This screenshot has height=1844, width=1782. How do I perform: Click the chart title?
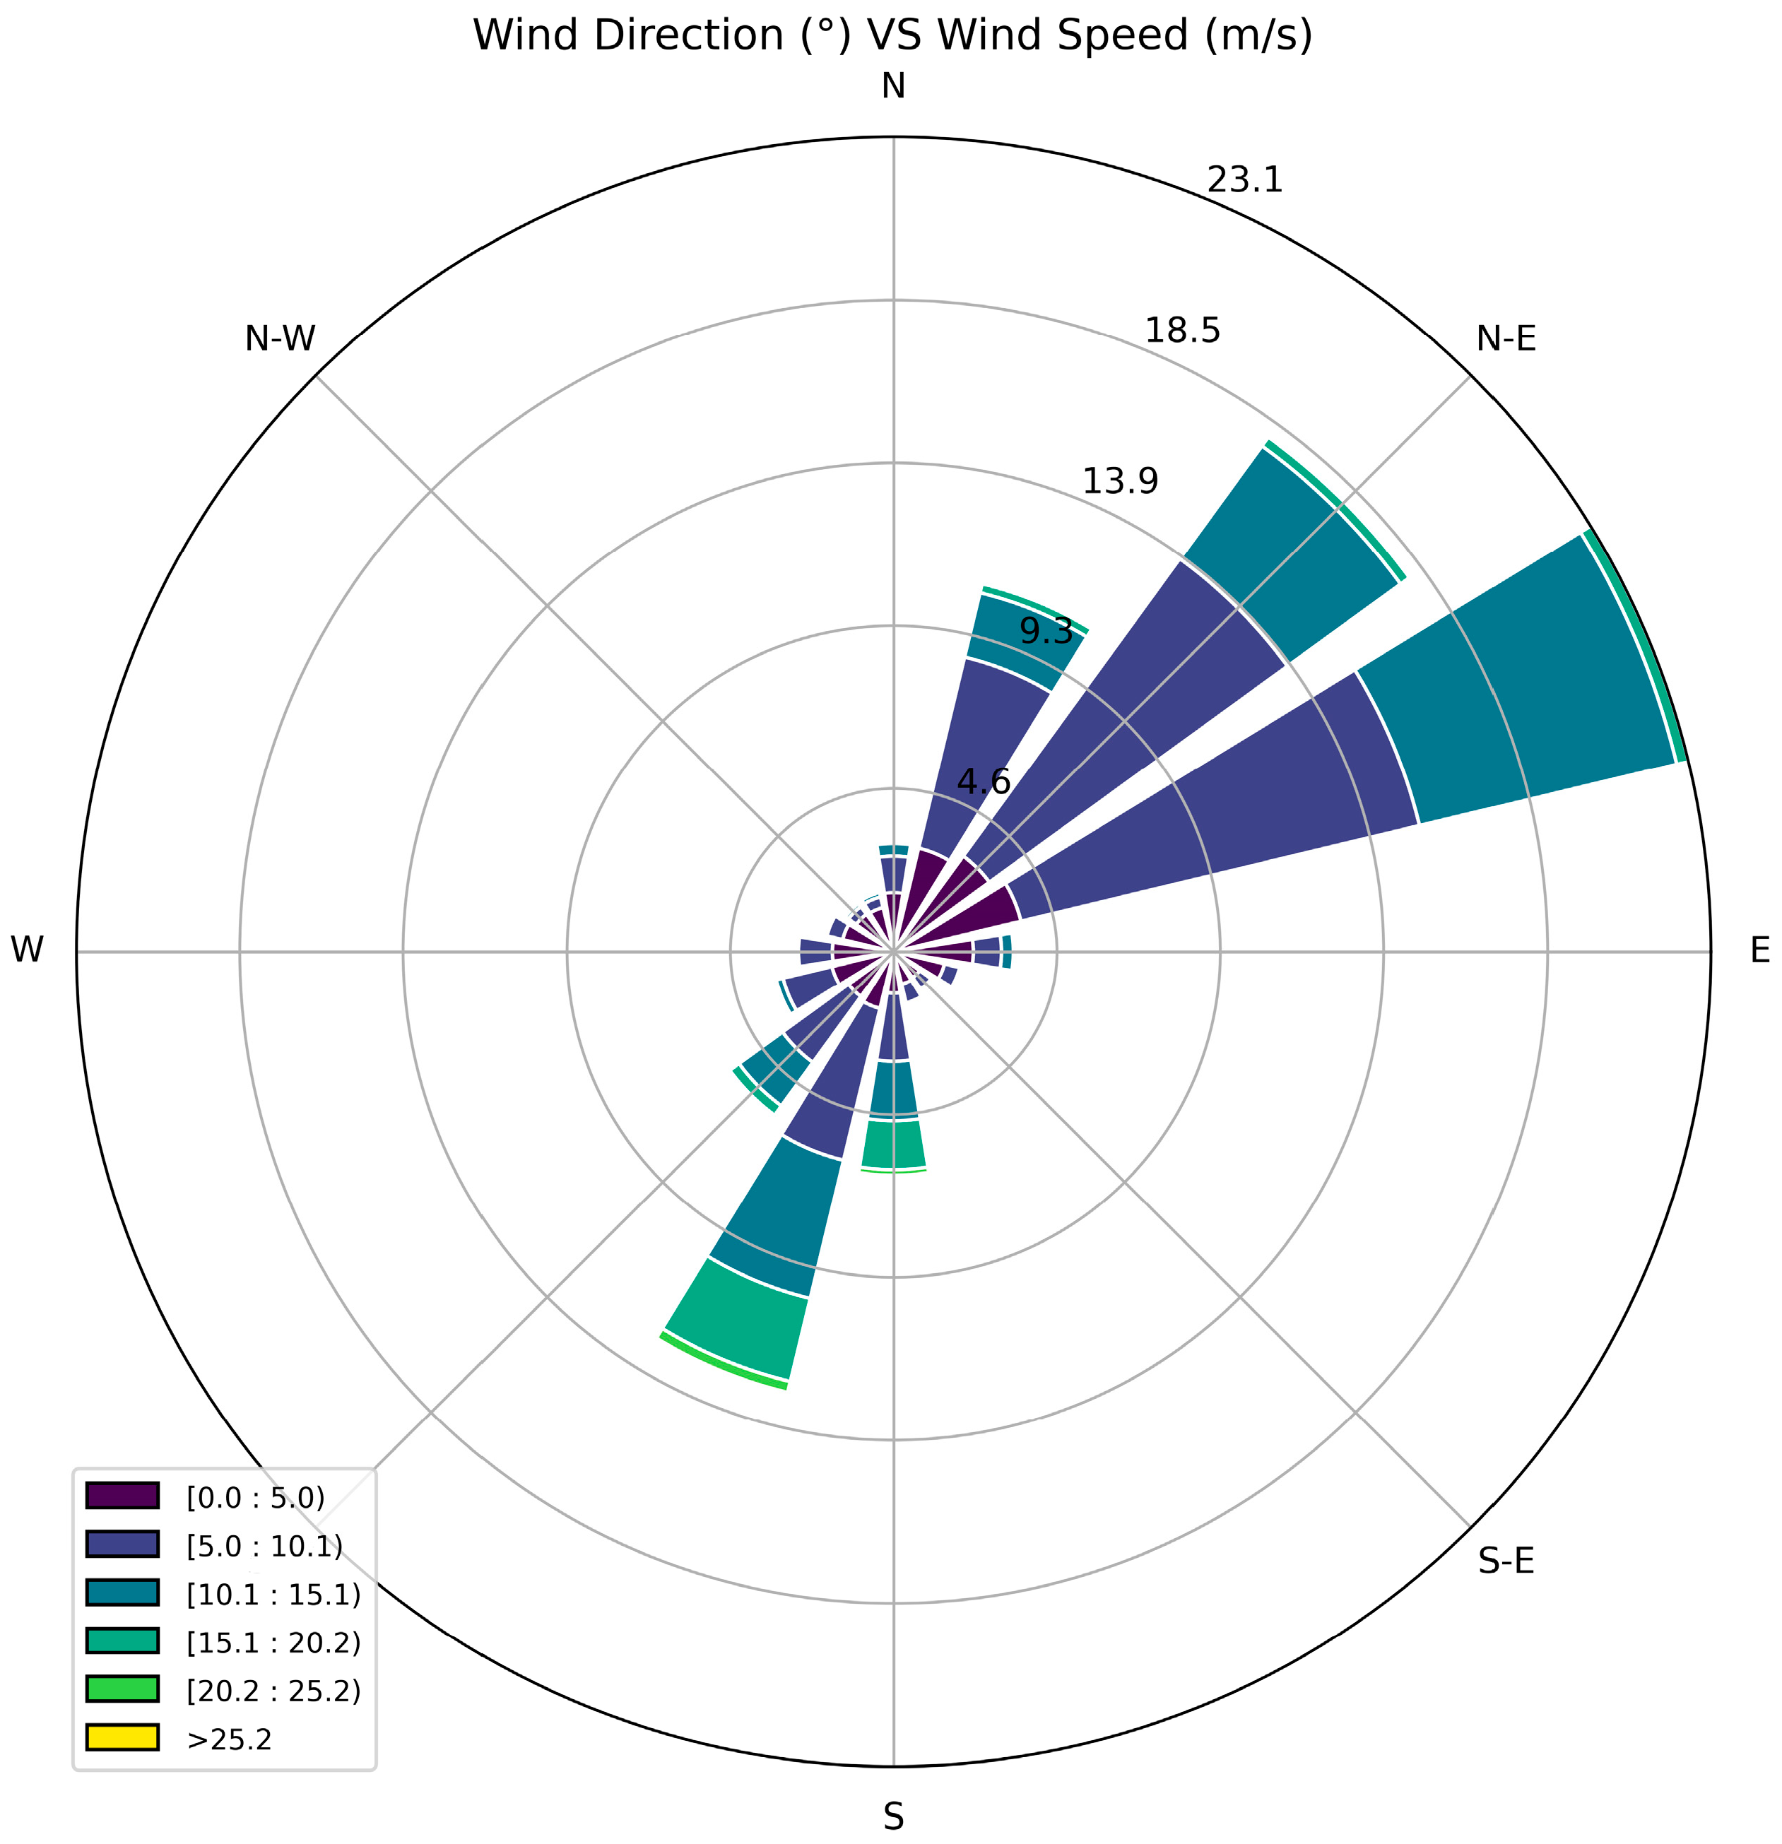pos(891,36)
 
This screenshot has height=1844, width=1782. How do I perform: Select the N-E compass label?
pos(1506,338)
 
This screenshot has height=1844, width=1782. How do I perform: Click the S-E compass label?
pos(1506,1562)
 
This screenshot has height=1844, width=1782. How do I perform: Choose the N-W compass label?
pos(279,338)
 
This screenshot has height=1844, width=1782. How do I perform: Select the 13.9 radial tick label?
pos(1120,482)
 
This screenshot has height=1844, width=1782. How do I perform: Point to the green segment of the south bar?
pos(894,1145)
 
